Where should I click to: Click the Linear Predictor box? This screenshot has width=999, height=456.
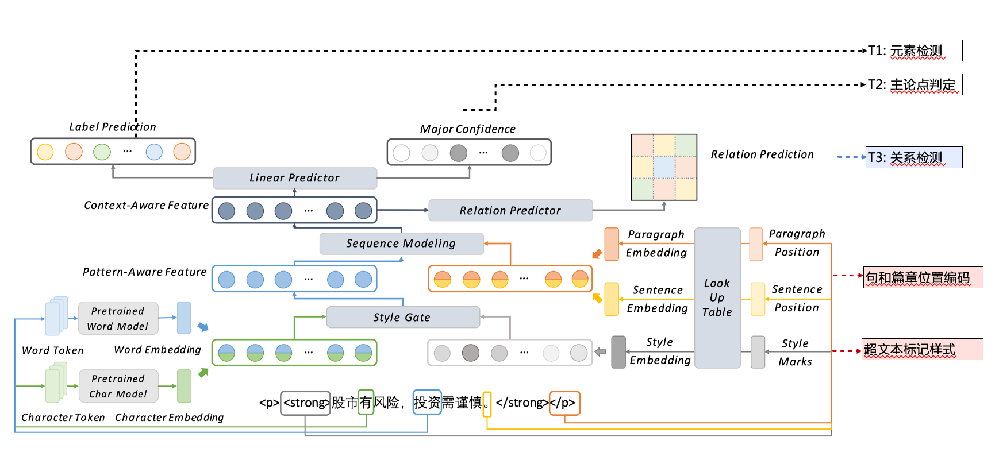pyautogui.click(x=295, y=178)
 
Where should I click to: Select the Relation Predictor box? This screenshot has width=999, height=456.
pyautogui.click(x=510, y=210)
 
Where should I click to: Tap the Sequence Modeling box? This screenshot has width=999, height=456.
pyautogui.click(x=401, y=244)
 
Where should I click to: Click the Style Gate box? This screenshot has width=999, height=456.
pyautogui.click(x=402, y=317)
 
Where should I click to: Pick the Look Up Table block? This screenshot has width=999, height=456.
pyautogui.click(x=717, y=297)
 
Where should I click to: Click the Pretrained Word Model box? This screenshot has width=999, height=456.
pyautogui.click(x=118, y=318)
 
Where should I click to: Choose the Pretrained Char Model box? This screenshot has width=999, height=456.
pyautogui.click(x=118, y=386)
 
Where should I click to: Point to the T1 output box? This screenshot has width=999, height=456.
pyautogui.click(x=913, y=51)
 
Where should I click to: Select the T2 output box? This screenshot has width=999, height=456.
pyautogui.click(x=913, y=84)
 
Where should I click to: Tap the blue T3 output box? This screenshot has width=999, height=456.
pyautogui.click(x=913, y=157)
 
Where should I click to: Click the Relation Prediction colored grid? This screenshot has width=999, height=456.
pyautogui.click(x=664, y=167)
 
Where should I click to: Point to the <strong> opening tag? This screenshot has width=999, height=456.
pyautogui.click(x=305, y=403)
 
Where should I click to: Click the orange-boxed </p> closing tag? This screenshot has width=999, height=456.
pyautogui.click(x=564, y=403)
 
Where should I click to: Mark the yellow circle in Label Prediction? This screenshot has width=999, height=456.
pyautogui.click(x=45, y=152)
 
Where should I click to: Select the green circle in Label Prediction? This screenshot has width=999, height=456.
pyautogui.click(x=102, y=152)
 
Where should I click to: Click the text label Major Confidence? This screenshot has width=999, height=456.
pyautogui.click(x=467, y=129)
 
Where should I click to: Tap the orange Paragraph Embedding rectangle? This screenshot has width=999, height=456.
pyautogui.click(x=612, y=244)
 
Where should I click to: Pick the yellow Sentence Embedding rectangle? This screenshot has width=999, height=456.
pyautogui.click(x=612, y=299)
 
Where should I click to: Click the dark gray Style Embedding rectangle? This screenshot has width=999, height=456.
pyautogui.click(x=618, y=351)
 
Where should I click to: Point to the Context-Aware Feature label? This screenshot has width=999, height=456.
pyautogui.click(x=146, y=206)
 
